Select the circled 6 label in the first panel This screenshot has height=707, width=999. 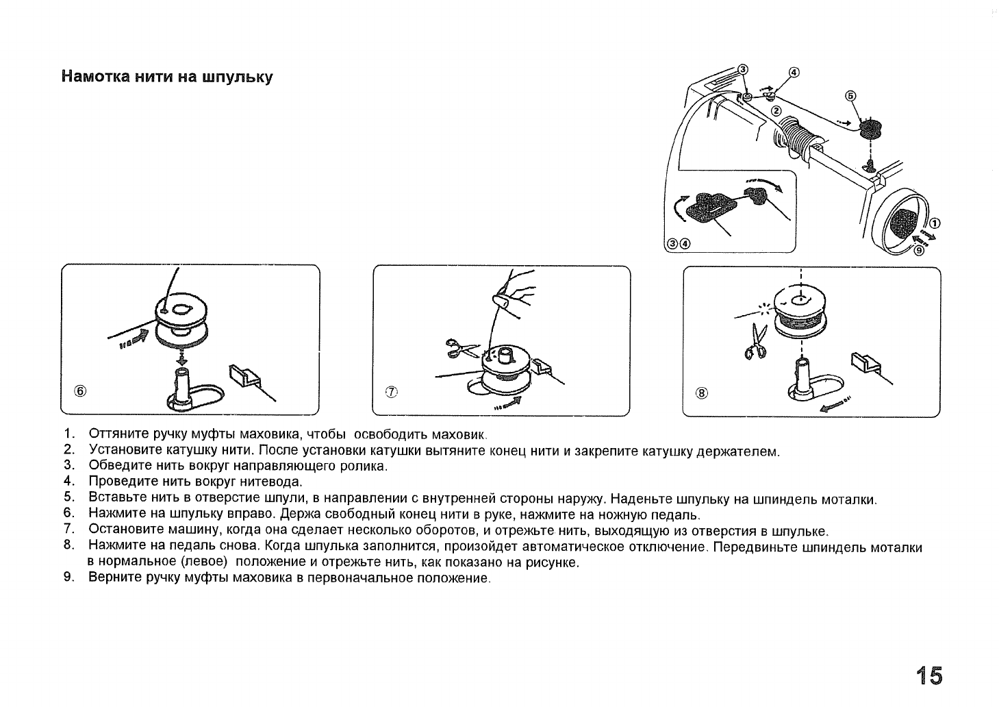(x=81, y=391)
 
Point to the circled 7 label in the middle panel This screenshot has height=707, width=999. (x=392, y=392)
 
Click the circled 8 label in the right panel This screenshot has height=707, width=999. (x=701, y=393)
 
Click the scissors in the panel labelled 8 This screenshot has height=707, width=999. (x=757, y=341)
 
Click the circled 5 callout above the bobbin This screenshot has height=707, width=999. (x=850, y=96)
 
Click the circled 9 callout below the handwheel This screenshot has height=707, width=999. (x=920, y=250)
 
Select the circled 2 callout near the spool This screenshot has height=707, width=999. (x=776, y=111)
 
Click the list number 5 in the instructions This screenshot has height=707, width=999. (x=67, y=499)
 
